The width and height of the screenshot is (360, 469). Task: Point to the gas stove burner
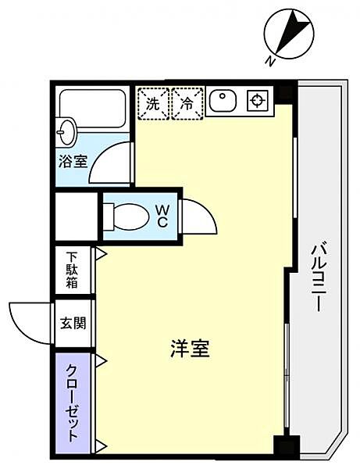pyautogui.click(x=257, y=100)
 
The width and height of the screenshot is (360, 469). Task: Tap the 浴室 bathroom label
pyautogui.click(x=73, y=163)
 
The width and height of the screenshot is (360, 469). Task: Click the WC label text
pyautogui.click(x=162, y=214)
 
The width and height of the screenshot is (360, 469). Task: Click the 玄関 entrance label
pyautogui.click(x=73, y=322)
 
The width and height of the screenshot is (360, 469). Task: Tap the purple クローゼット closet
pyautogui.click(x=72, y=402)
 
